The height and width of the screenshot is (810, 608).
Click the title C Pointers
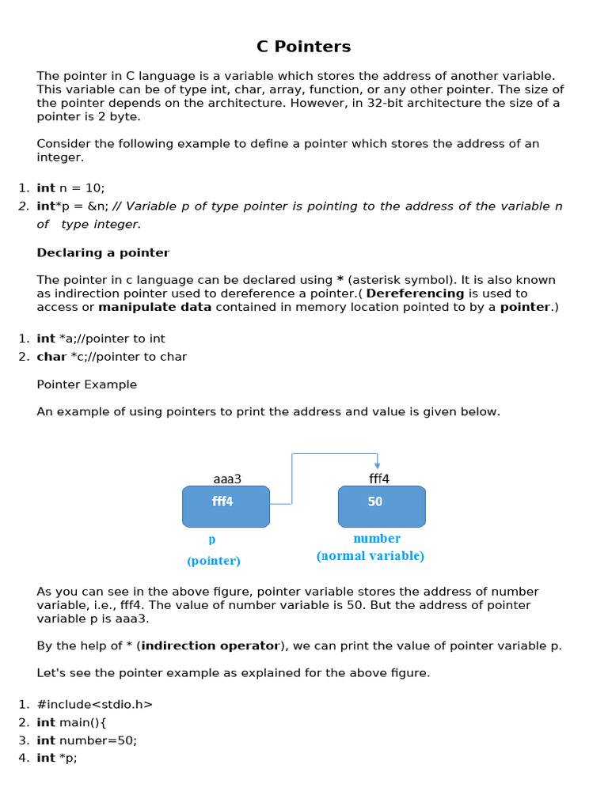(303, 47)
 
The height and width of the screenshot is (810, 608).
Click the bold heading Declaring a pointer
(103, 253)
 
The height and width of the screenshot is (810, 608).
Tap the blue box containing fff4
(226, 506)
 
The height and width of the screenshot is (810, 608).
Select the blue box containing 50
(382, 506)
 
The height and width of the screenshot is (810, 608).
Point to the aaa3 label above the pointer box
(227, 479)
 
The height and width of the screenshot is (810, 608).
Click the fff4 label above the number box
(379, 479)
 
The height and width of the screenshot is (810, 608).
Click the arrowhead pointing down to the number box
(378, 465)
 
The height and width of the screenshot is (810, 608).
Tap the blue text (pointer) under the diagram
(214, 561)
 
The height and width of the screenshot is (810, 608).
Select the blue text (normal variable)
(370, 556)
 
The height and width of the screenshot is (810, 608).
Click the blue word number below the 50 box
(377, 539)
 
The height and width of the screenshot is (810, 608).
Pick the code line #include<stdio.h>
(95, 704)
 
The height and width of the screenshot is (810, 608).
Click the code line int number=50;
(87, 740)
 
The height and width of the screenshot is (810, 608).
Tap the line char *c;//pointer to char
(112, 357)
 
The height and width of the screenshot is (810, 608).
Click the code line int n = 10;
(70, 188)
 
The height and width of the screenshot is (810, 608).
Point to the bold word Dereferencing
(416, 293)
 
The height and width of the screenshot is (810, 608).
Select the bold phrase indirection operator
(211, 645)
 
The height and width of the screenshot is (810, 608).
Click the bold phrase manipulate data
(155, 307)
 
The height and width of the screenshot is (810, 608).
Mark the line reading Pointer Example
(87, 384)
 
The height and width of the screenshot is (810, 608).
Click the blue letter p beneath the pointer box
(212, 539)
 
